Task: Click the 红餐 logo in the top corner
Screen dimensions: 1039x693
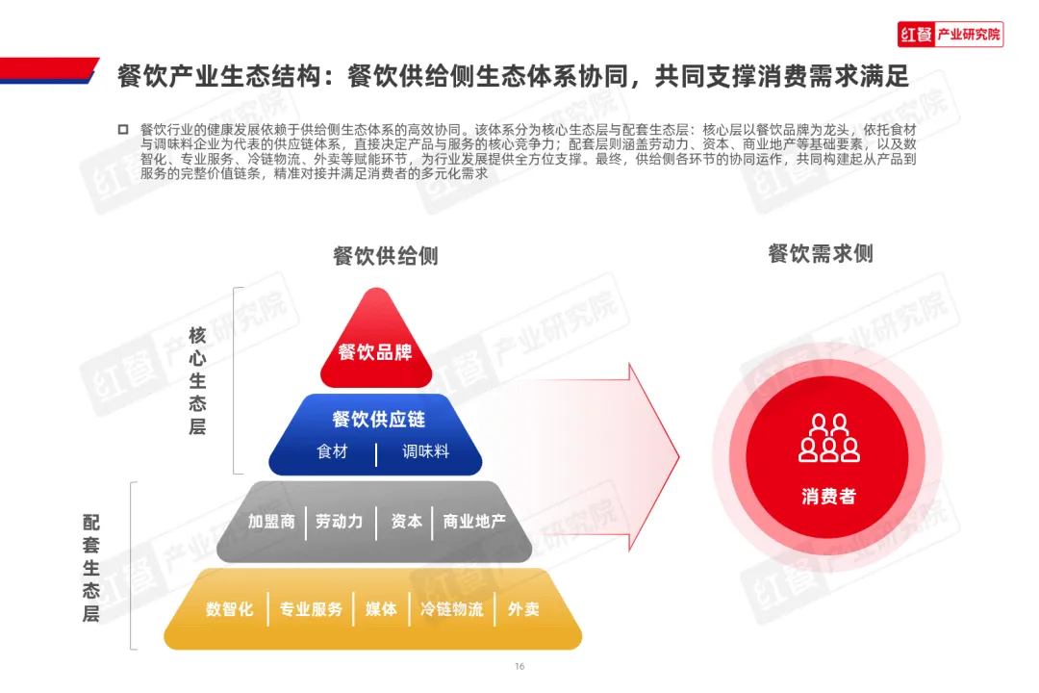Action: coord(950,35)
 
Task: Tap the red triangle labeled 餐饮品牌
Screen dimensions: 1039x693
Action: coord(375,352)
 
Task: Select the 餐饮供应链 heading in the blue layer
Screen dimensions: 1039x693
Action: coord(378,420)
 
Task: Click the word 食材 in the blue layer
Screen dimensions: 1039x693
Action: coord(332,451)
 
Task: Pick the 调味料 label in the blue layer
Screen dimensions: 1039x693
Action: coord(425,451)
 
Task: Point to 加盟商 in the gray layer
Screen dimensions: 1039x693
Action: coord(271,522)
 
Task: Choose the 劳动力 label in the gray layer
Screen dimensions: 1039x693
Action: coord(340,522)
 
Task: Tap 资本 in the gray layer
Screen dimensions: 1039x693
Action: coord(406,522)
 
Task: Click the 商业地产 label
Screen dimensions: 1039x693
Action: coord(474,522)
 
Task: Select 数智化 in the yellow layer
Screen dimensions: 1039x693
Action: coord(230,609)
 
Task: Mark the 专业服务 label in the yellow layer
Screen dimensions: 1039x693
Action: coord(311,609)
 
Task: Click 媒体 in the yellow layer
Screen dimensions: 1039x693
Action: coord(381,609)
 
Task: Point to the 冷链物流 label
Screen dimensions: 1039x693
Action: coord(451,609)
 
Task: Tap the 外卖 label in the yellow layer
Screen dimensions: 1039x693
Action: coord(523,609)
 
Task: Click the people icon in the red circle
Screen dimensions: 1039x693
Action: coord(828,439)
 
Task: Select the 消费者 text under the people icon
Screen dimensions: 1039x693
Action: coord(828,497)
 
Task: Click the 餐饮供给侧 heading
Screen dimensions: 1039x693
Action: coord(385,256)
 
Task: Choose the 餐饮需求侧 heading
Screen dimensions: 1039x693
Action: coord(821,253)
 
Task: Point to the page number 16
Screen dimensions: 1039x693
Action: coord(519,667)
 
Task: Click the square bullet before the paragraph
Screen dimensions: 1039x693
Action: coord(122,129)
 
